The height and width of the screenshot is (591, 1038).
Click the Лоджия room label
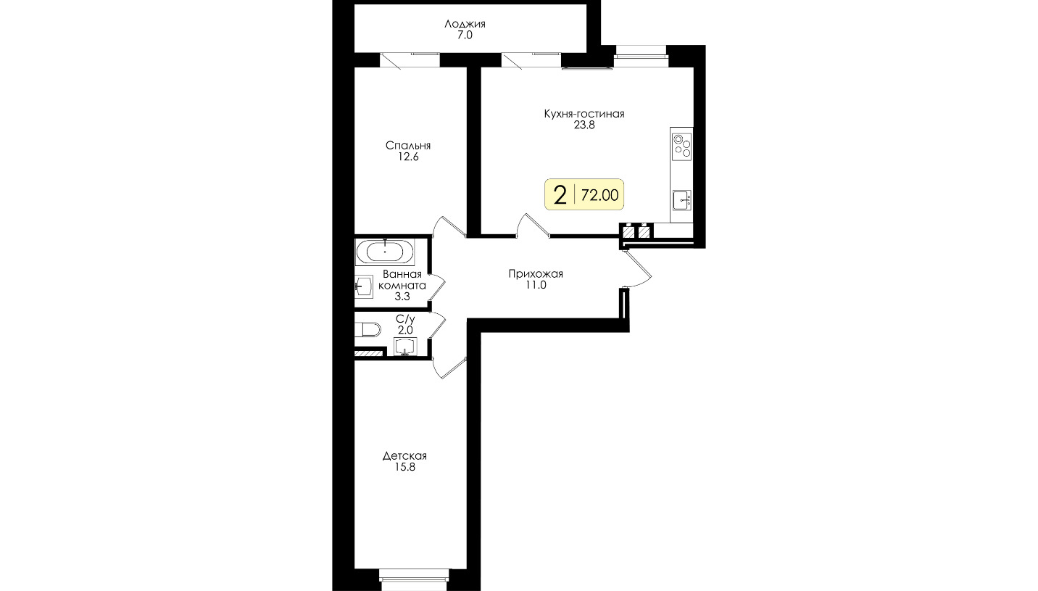point(465,24)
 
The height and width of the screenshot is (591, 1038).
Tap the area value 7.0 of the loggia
point(465,36)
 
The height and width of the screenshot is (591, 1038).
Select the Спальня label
point(408,146)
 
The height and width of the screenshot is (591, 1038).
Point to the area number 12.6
point(408,157)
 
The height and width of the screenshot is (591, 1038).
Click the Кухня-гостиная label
point(584,114)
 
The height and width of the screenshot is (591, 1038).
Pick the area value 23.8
point(584,125)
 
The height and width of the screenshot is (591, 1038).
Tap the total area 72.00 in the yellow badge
point(599,195)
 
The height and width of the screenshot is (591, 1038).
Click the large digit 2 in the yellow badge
point(560,195)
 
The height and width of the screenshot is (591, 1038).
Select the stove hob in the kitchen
point(681,147)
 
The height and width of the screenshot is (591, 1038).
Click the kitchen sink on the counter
point(681,200)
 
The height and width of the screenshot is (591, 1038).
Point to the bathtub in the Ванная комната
point(385,252)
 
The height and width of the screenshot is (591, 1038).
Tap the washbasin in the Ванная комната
point(364,286)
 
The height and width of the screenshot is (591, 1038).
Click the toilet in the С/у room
point(368,329)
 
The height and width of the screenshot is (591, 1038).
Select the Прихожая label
point(536,274)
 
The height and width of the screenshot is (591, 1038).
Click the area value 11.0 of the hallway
point(536,285)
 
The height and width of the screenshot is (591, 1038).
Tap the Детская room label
point(404,456)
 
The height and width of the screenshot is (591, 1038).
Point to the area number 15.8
point(404,467)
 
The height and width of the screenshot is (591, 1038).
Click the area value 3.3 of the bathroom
point(402,297)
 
